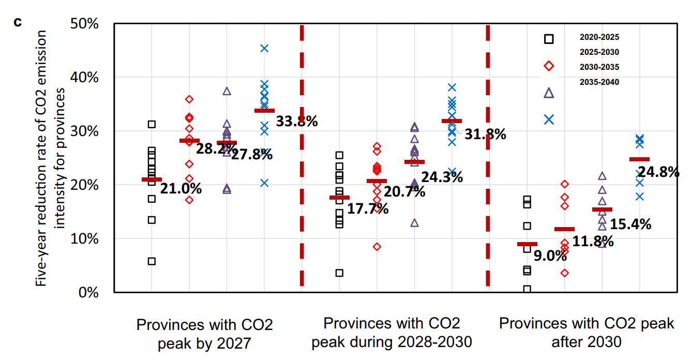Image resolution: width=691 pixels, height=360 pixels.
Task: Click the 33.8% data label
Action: [x=297, y=122]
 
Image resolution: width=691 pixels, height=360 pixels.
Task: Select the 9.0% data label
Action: [x=550, y=256]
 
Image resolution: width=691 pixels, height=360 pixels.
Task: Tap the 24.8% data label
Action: [x=658, y=172]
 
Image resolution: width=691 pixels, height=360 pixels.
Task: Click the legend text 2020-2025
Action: [x=599, y=37]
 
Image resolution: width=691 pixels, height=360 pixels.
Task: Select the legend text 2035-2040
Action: [x=599, y=82]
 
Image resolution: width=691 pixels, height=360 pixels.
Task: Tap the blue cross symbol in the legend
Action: [x=549, y=119]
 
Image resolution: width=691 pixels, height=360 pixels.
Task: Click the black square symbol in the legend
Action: [x=549, y=39]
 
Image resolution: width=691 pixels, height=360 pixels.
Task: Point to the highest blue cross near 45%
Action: [x=264, y=48]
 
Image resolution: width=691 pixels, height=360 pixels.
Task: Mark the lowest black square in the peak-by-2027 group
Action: [x=152, y=261]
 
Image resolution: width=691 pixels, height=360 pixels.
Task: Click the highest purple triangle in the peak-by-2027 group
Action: [x=227, y=91]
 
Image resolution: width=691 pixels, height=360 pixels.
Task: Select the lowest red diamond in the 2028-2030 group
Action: [x=377, y=247]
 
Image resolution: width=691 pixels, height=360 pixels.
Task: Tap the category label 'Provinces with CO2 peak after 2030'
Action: [x=587, y=333]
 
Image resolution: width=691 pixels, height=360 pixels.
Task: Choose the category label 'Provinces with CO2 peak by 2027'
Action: [x=204, y=334]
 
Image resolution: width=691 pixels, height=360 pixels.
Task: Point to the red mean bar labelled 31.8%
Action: [x=452, y=121]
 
